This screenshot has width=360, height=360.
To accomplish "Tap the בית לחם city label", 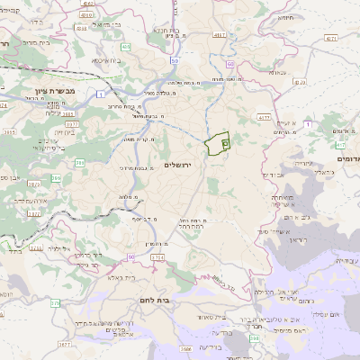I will click(155, 298).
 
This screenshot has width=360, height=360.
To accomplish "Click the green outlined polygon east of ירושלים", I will click(218, 143).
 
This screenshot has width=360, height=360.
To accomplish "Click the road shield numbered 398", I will click(255, 338).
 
